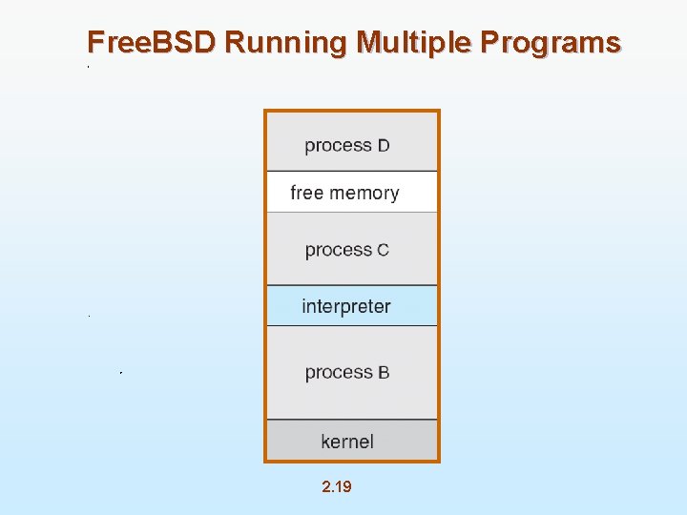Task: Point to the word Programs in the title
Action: coord(551,43)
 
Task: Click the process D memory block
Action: coord(351,141)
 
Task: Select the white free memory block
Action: coord(351,192)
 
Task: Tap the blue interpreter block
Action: coord(351,306)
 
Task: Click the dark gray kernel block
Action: coord(351,442)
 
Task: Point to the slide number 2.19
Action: coord(337,487)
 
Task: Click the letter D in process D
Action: coord(384,146)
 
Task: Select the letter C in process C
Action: coord(383,251)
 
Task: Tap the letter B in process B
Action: coord(384,373)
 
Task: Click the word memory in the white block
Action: coord(364,193)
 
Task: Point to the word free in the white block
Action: coord(307,193)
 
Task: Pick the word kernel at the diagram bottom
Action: coord(347,442)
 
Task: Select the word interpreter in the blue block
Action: coord(346,307)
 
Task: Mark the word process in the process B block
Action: coord(338,373)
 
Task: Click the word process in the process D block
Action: coord(338,146)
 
